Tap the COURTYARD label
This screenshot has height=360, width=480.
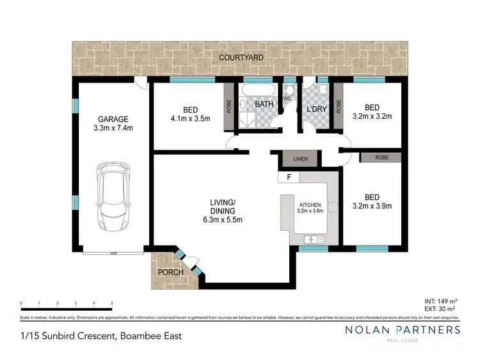tap(239, 58)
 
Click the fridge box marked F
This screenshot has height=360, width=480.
tap(289, 177)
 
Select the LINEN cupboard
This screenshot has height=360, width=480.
tap(300, 158)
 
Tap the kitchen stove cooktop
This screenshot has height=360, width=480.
tap(333, 207)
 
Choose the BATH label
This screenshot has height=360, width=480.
tap(264, 104)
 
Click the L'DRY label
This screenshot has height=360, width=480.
tap(317, 109)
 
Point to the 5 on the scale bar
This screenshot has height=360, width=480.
tap(112, 303)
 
